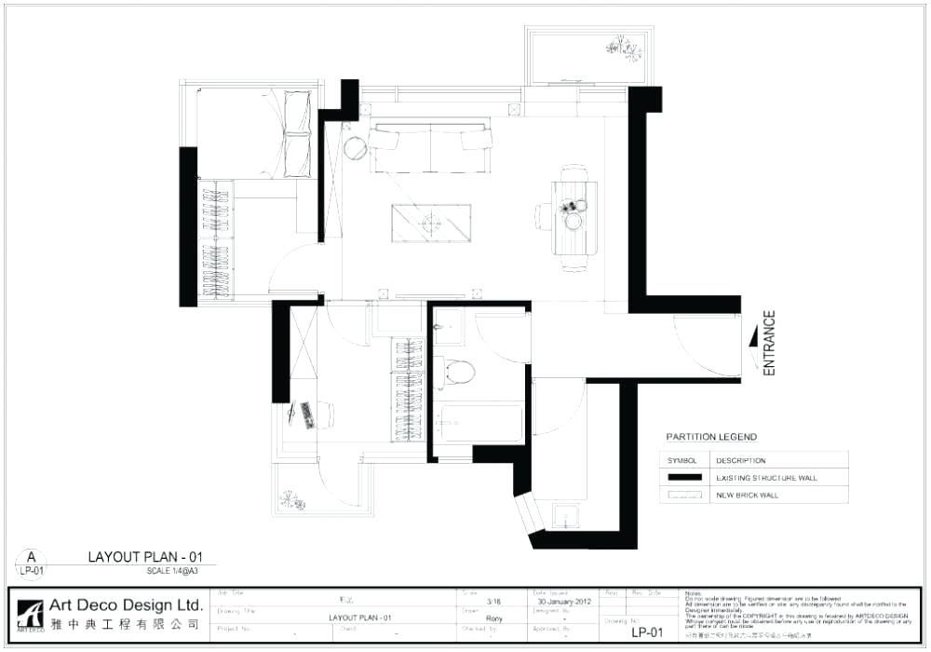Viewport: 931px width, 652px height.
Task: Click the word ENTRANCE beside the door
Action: tap(769, 344)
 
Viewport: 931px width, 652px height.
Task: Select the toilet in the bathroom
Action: tap(457, 372)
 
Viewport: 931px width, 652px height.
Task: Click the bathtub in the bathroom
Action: tap(480, 422)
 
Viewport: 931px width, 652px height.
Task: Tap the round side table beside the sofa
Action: tap(355, 147)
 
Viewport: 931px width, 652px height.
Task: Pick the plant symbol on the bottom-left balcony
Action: tap(292, 500)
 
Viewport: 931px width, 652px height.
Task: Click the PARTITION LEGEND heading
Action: tap(711, 437)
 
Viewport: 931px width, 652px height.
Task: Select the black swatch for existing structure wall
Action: tap(686, 478)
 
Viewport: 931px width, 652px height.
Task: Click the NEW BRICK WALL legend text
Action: tap(747, 496)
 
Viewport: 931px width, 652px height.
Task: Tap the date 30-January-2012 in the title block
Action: tap(564, 602)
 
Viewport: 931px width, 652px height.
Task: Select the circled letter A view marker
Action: tap(30, 559)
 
